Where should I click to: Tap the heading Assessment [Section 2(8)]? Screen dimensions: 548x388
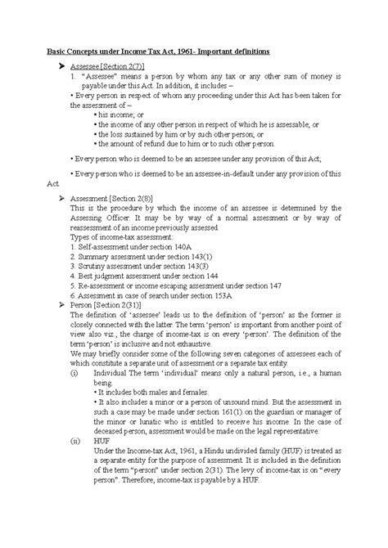113,199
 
